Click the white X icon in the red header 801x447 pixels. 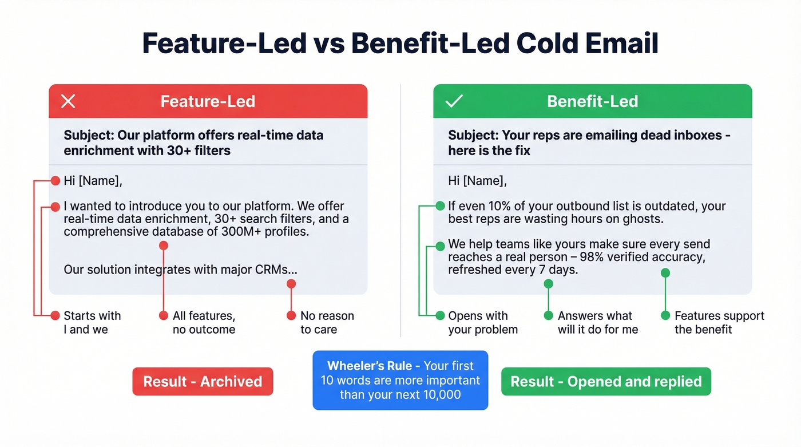click(68, 101)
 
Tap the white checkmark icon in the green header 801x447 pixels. click(454, 101)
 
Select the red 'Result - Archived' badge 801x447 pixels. click(203, 382)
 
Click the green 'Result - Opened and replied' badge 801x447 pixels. click(606, 382)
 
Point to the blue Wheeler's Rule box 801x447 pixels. click(400, 380)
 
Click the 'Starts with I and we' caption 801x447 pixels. click(92, 322)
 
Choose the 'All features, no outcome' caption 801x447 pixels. click(204, 322)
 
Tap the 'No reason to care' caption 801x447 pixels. click(327, 322)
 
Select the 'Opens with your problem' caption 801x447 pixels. click(482, 322)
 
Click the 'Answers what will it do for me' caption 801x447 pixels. click(597, 322)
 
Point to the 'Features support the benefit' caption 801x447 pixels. click(719, 322)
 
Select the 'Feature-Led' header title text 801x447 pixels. click(208, 101)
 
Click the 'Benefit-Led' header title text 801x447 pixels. click(592, 101)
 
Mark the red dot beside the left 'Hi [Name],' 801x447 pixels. click(55, 181)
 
